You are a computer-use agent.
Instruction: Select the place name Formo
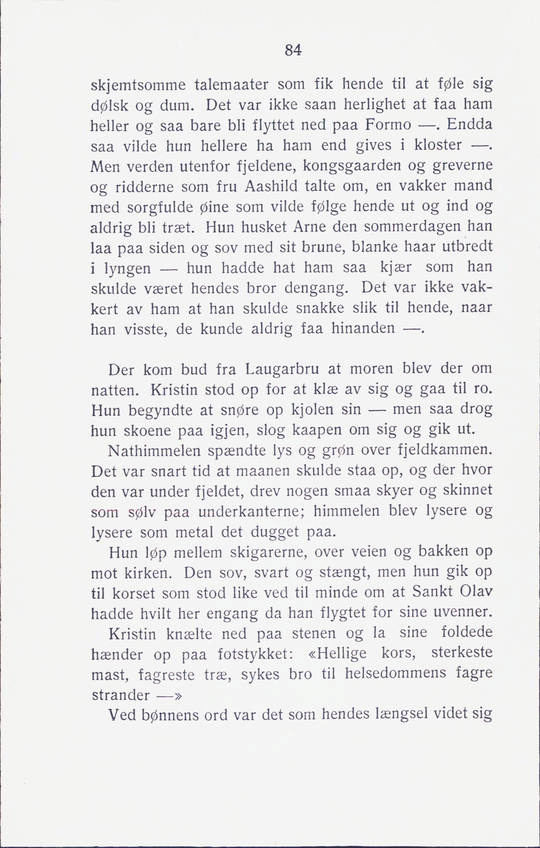(x=388, y=125)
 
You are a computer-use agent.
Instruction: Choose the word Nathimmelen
(x=154, y=451)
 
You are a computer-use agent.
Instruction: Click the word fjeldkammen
(x=445, y=451)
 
